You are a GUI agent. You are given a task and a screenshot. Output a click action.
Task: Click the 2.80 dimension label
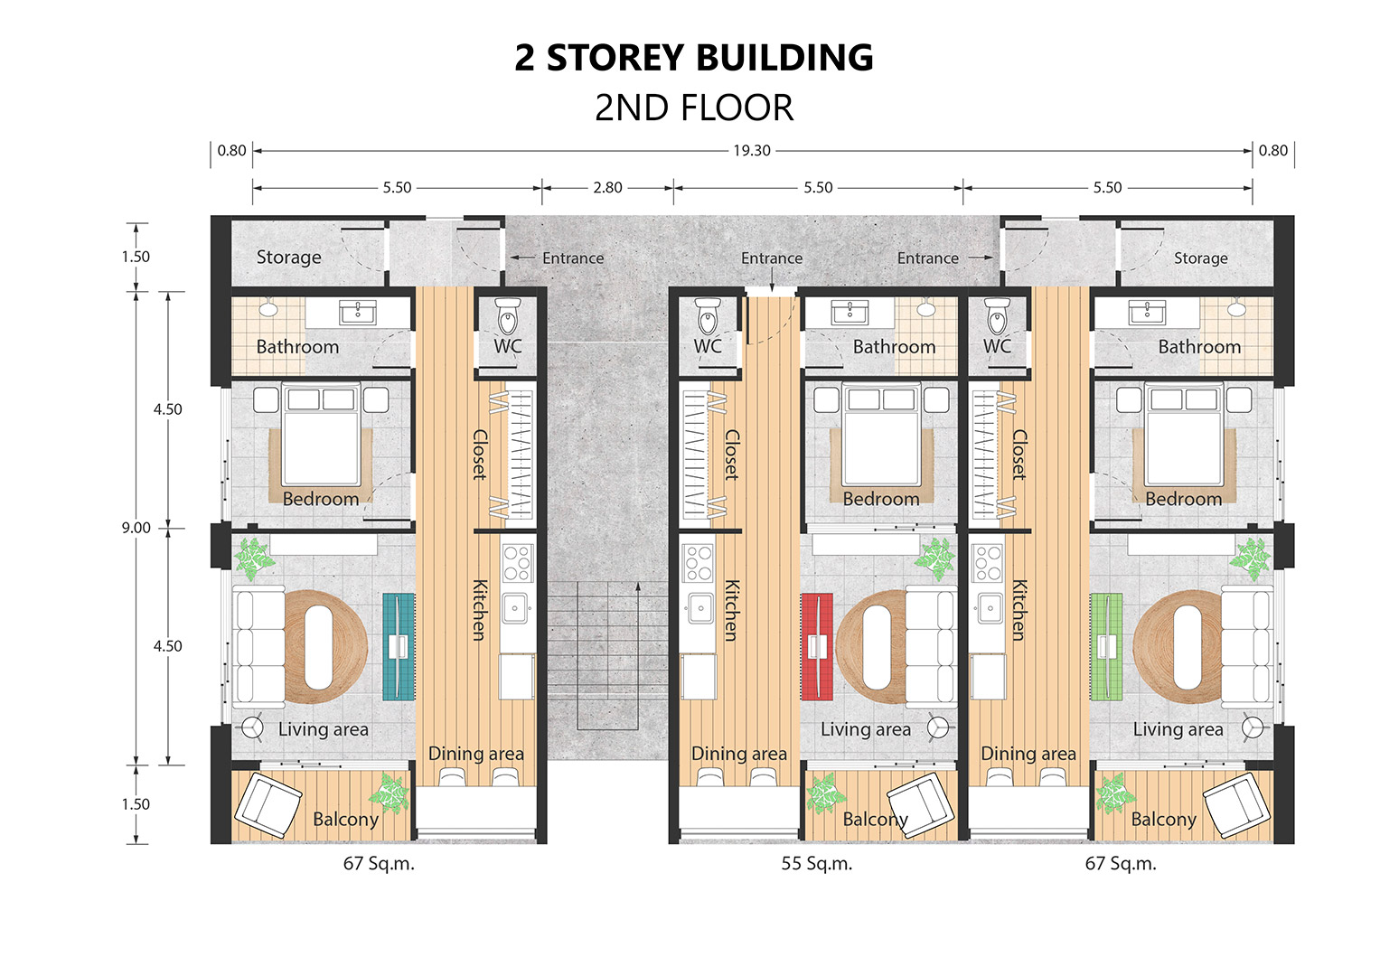click(607, 187)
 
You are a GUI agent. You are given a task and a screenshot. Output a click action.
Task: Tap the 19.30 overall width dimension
click(752, 150)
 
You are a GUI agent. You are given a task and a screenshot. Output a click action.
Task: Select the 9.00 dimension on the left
click(136, 528)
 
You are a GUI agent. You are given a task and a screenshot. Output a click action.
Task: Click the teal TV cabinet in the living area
click(399, 646)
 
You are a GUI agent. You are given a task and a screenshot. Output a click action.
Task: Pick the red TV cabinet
click(817, 646)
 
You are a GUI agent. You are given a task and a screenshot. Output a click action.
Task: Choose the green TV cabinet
click(1106, 646)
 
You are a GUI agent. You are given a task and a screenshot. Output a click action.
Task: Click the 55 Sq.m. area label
click(817, 864)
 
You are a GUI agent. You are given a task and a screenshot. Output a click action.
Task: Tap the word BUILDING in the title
click(784, 58)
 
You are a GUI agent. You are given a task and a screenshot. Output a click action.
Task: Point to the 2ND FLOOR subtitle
click(694, 108)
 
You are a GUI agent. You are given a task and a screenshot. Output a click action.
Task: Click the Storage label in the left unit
click(289, 257)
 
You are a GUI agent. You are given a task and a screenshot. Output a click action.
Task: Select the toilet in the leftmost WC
click(508, 316)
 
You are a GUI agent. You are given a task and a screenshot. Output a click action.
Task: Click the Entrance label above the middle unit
click(772, 258)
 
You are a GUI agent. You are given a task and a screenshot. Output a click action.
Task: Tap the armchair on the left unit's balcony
click(268, 805)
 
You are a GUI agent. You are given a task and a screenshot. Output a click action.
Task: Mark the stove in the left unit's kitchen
click(518, 562)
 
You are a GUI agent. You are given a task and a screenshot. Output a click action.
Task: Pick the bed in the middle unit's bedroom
click(881, 435)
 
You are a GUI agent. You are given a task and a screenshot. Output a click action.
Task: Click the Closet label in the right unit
click(1019, 455)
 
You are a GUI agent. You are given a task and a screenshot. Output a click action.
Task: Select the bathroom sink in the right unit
click(1147, 313)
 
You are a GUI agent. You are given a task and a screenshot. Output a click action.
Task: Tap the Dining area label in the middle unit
click(739, 754)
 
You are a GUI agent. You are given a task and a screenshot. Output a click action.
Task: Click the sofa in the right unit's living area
click(1247, 646)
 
